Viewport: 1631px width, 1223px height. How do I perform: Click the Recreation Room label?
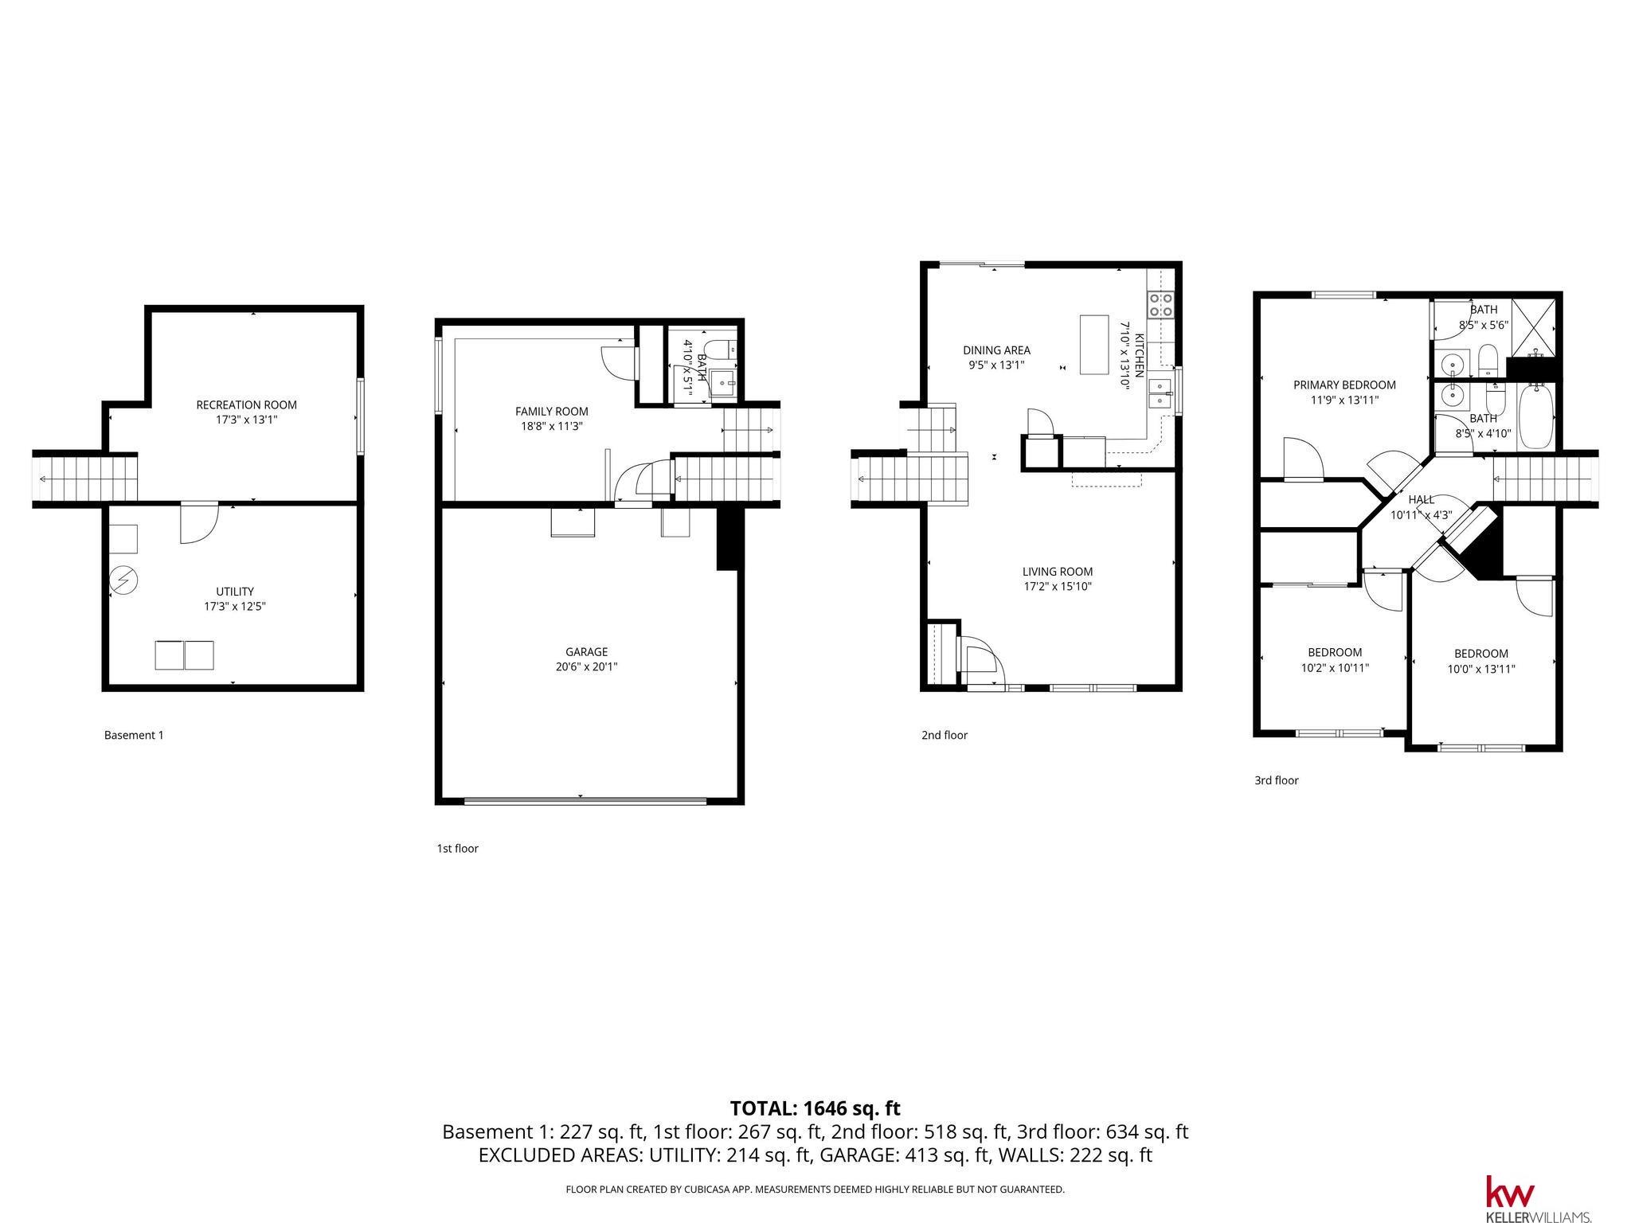(246, 405)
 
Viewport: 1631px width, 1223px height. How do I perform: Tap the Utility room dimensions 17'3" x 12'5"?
(234, 607)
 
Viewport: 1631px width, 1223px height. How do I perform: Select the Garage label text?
(586, 652)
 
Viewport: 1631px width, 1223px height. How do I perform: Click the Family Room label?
(551, 412)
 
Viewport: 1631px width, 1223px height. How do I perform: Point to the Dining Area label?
(996, 350)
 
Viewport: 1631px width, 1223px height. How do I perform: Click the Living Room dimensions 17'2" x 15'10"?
(1058, 587)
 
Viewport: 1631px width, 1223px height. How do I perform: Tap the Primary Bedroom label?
(1344, 385)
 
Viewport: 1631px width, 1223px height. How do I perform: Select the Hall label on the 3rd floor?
(1421, 500)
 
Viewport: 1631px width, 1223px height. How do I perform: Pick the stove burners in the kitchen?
(1160, 305)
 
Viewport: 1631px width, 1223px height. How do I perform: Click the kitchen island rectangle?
(1094, 345)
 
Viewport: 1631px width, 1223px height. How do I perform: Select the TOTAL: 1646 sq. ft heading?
(815, 1108)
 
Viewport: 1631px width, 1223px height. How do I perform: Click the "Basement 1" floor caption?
(134, 735)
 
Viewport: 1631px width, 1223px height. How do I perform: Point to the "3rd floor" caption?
(1277, 780)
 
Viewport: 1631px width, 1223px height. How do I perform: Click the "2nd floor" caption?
(945, 735)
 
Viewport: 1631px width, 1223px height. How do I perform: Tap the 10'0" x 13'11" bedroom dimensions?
(1481, 670)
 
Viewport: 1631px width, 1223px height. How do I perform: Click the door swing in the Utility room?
(199, 523)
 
